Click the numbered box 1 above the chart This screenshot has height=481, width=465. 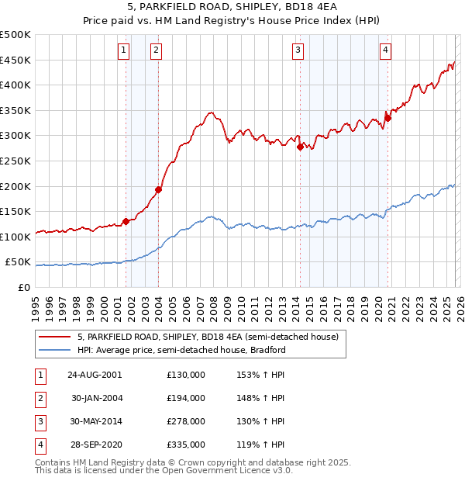click(123, 51)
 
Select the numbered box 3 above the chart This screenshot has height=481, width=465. click(298, 51)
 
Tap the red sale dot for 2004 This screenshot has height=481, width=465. click(158, 189)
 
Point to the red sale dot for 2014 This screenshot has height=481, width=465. click(300, 147)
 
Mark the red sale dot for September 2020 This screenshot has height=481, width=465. click(387, 118)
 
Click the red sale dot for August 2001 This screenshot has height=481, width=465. click(126, 221)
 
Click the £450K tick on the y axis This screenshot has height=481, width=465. click(15, 60)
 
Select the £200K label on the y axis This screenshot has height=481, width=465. click(15, 186)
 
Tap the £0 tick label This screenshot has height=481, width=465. click(24, 287)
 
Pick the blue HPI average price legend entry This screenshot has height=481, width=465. click(181, 350)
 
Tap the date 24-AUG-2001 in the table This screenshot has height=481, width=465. click(95, 374)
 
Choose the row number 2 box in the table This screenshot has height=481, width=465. click(39, 397)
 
